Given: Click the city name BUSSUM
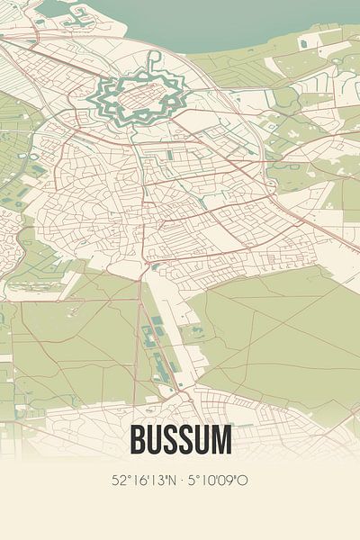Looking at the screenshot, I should pos(180,440).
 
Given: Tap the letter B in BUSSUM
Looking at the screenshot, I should pos(139,440).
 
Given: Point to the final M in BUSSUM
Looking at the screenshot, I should pos(220,440).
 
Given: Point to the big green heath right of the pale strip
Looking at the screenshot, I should pos(270,333).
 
